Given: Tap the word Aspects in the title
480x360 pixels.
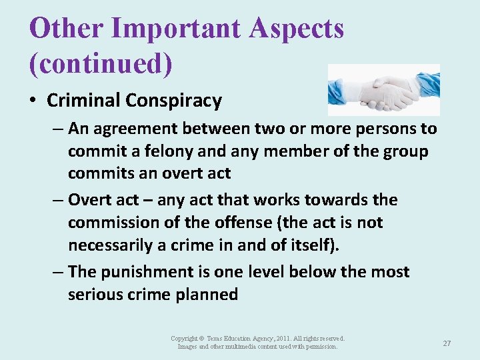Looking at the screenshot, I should pos(297,29).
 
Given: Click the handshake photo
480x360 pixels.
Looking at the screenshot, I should pos(383,90).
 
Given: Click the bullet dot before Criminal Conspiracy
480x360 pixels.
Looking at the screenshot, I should pos(33,101).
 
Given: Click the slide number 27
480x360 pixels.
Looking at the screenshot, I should pos(447,343).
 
